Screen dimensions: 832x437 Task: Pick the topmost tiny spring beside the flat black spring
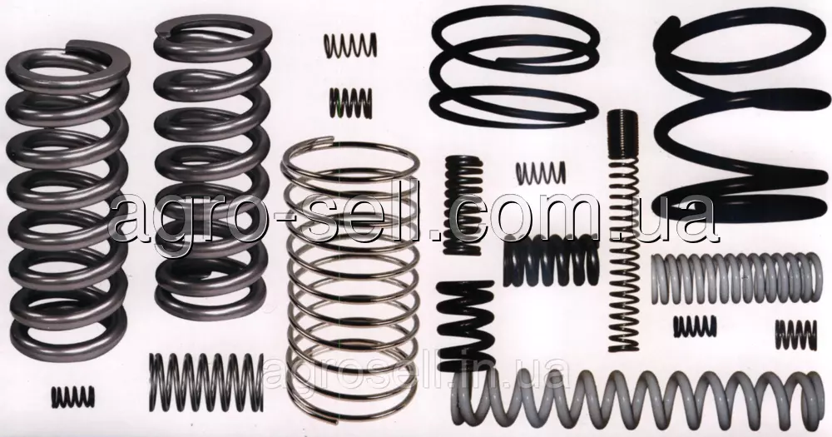tap(350, 45)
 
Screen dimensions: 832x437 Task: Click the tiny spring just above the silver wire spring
tap(351, 103)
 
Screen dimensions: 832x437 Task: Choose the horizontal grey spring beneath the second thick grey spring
tap(206, 382)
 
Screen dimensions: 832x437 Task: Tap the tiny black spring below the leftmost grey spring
tap(73, 397)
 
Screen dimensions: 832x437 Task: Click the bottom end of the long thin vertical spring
tap(624, 348)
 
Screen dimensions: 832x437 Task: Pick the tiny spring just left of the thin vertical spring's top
tap(541, 173)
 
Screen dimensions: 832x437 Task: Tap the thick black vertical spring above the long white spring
tap(465, 325)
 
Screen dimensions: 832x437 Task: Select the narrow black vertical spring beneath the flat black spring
tap(463, 206)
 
